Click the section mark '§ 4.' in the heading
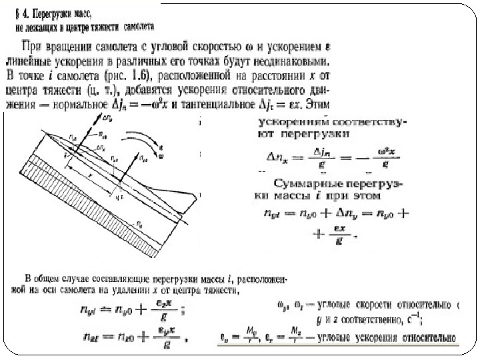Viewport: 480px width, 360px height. pyautogui.click(x=25, y=13)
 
